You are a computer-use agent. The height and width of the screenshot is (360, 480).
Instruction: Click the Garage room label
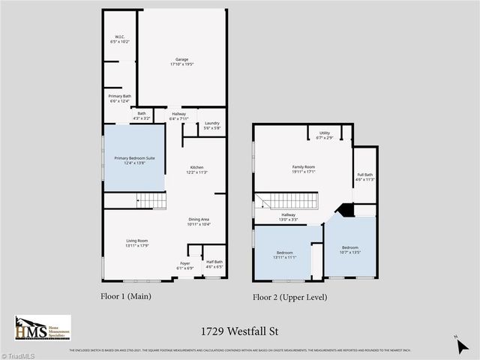tap(181, 62)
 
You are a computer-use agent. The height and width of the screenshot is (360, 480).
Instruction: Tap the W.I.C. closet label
tap(120, 39)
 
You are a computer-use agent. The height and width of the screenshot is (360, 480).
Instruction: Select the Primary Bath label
tap(120, 98)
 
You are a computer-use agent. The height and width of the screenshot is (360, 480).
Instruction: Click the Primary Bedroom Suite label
tap(134, 160)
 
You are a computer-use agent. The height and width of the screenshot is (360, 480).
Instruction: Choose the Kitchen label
tap(196, 169)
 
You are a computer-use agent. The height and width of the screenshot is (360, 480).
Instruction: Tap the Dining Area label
tap(199, 222)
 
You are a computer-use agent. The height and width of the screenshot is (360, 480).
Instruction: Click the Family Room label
tap(303, 169)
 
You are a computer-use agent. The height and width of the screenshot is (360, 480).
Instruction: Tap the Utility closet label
tap(324, 135)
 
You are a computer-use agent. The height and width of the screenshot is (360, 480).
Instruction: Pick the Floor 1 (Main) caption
tap(126, 296)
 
